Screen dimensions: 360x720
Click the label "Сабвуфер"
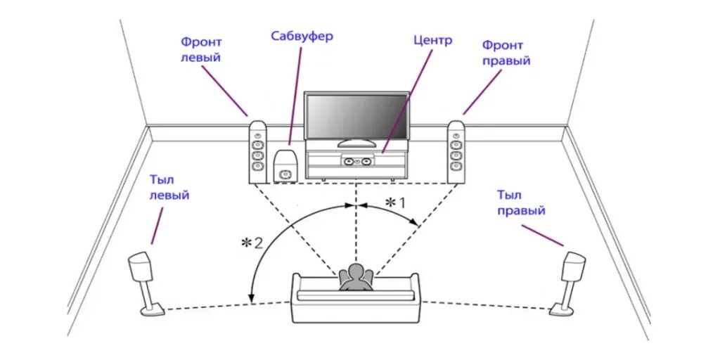pyautogui.click(x=302, y=36)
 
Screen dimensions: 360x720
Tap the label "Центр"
pyautogui.click(x=432, y=41)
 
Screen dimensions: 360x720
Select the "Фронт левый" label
pyautogui.click(x=200, y=51)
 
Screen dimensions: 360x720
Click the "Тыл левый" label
pyautogui.click(x=169, y=188)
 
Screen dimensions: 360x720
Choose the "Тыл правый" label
pyautogui.click(x=521, y=202)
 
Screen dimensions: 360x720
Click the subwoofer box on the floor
pyautogui.click(x=286, y=166)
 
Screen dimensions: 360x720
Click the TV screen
pyautogui.click(x=356, y=116)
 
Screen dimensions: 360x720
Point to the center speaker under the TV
pyautogui.click(x=356, y=161)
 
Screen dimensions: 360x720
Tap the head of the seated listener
pyautogui.click(x=355, y=272)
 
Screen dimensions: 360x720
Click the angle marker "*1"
pyautogui.click(x=396, y=202)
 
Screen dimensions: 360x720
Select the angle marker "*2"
pyautogui.click(x=252, y=244)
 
